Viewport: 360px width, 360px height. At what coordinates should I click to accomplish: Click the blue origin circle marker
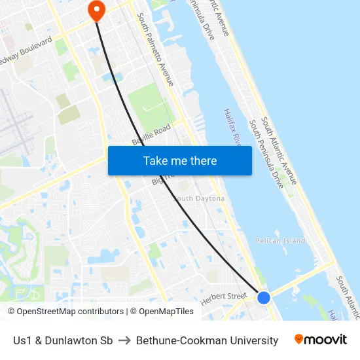(264, 298)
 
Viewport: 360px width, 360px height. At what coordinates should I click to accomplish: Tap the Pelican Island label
(280, 241)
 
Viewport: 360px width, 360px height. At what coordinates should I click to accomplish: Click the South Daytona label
(199, 198)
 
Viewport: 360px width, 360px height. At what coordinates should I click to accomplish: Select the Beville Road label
(151, 134)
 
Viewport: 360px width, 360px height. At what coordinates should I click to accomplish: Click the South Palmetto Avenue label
(155, 50)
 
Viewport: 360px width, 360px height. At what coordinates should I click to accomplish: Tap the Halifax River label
(233, 128)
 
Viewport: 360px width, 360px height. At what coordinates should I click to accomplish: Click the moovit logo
(321, 340)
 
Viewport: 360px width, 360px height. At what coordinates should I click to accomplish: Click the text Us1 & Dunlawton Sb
(63, 340)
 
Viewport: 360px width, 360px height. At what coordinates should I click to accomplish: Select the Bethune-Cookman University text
(207, 340)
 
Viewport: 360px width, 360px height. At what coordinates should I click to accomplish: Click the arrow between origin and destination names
(124, 340)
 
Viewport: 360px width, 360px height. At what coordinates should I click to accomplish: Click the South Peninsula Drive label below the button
(266, 154)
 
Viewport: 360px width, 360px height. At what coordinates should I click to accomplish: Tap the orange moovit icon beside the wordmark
(299, 339)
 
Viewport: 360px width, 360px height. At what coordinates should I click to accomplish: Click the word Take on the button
(155, 161)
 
